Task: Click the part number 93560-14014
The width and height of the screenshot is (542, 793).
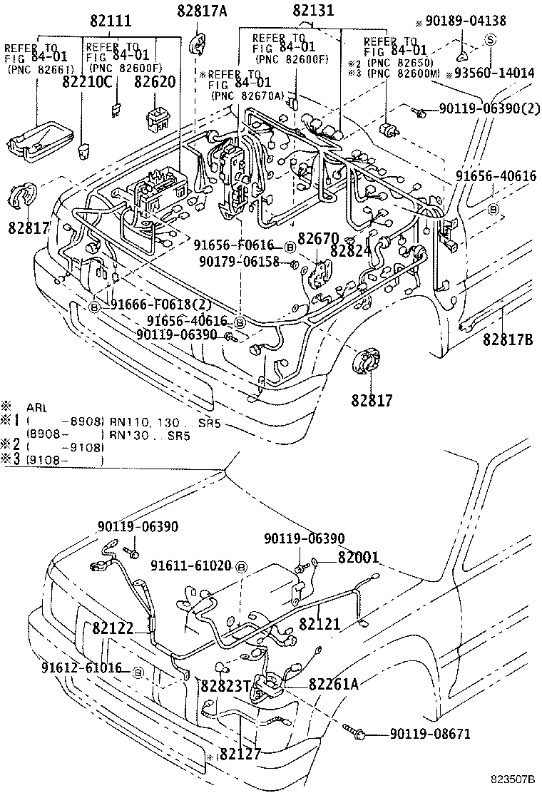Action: pos(491,72)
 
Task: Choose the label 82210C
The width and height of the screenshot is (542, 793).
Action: pos(87,81)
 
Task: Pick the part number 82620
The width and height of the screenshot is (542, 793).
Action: pos(155,81)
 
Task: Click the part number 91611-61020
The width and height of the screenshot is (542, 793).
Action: pos(190,566)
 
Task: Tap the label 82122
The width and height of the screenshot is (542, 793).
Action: pos(113,628)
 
